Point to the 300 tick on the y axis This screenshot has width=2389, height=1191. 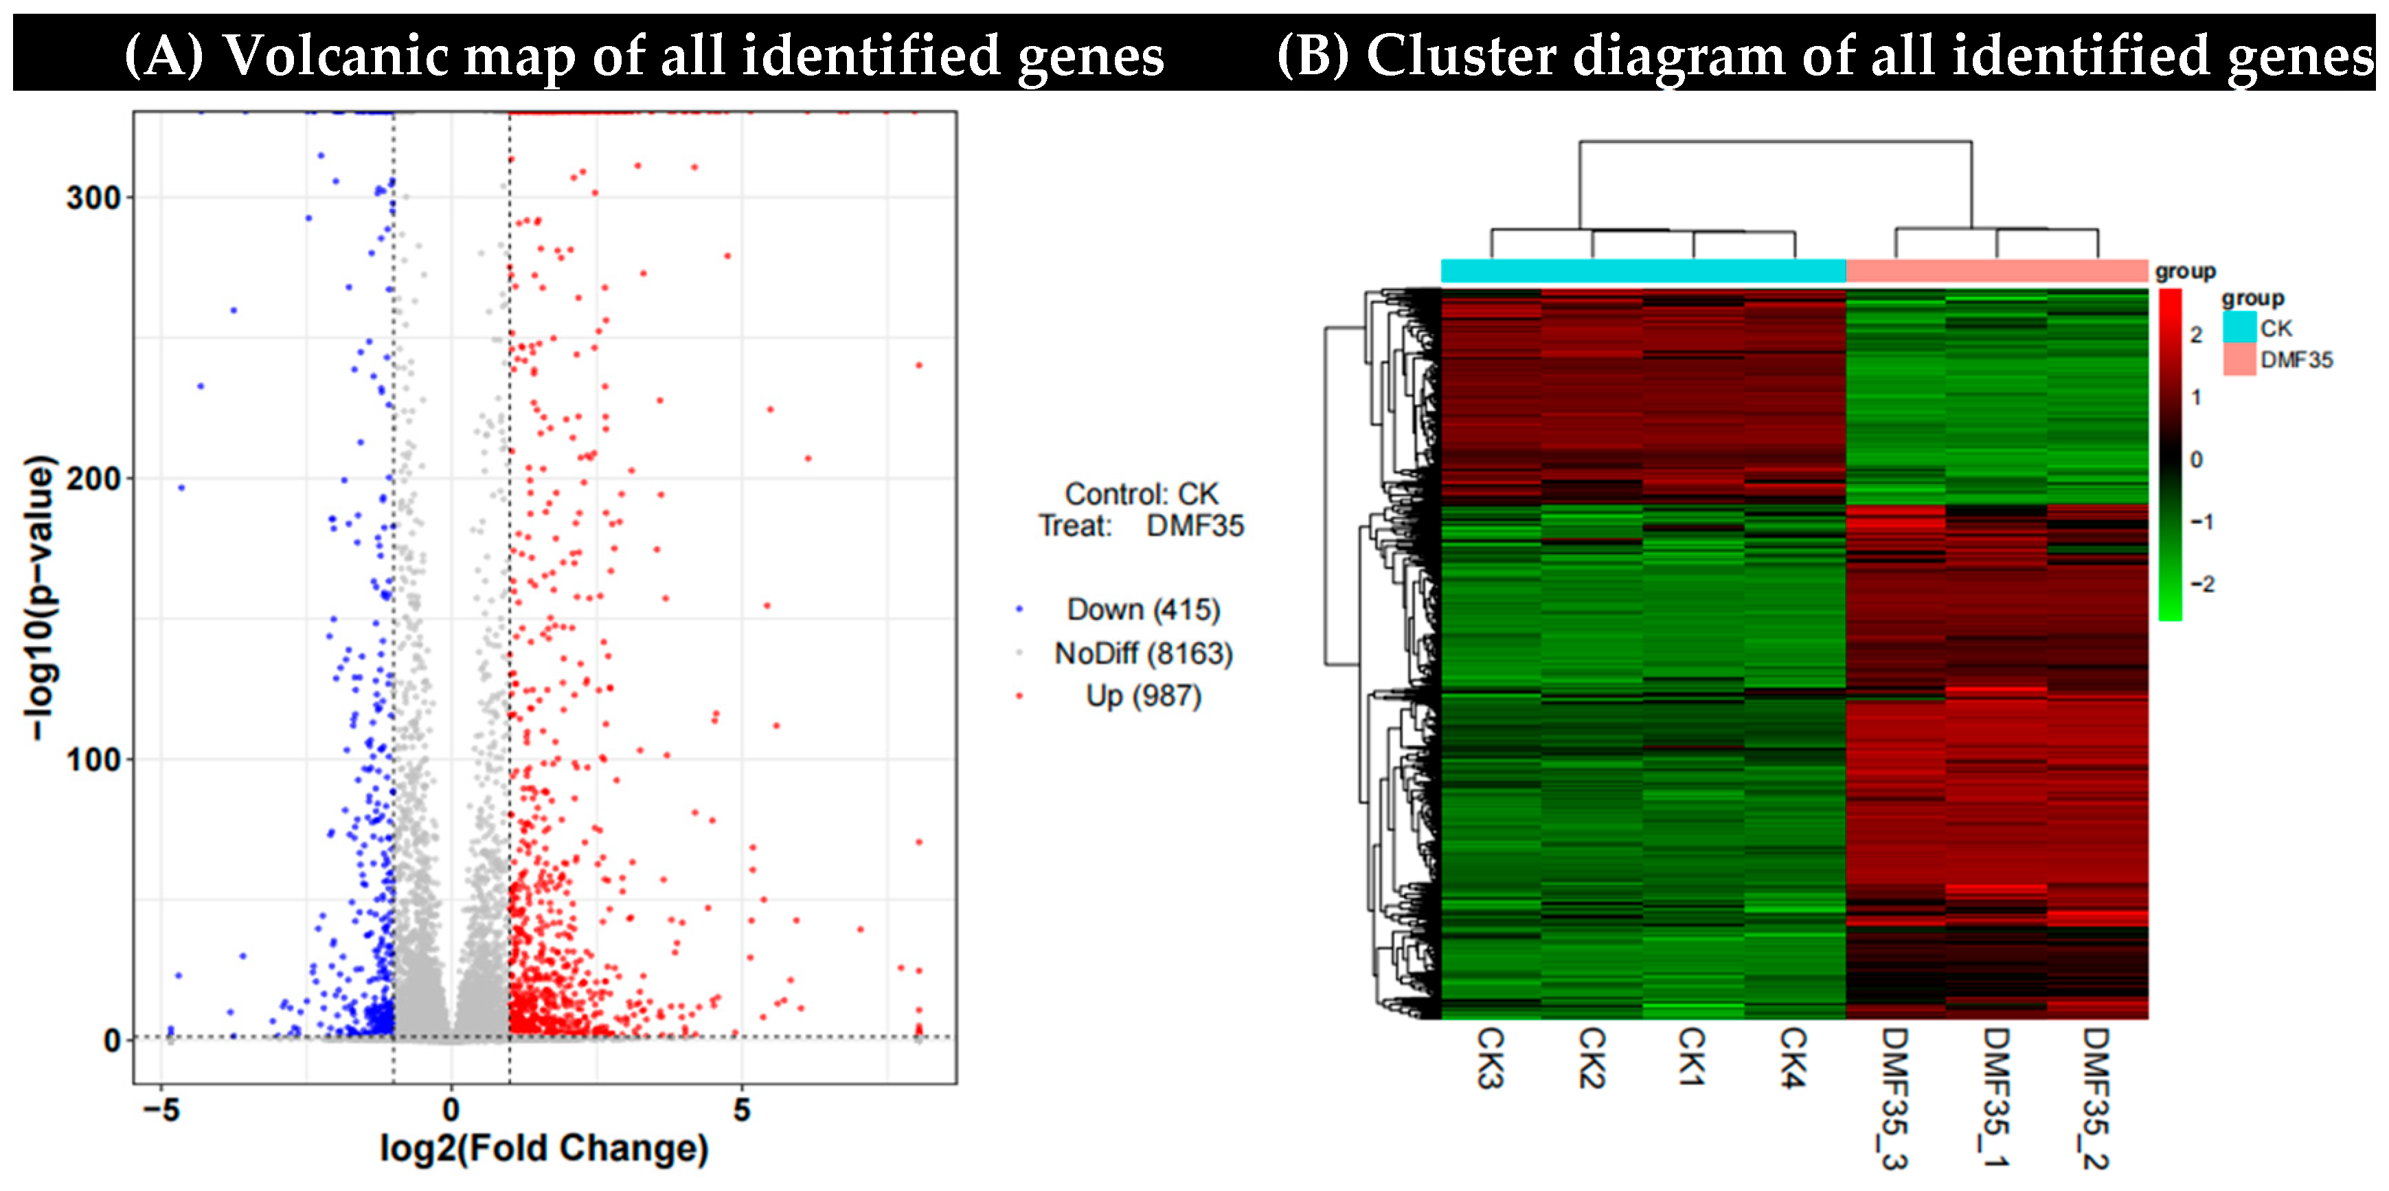(93, 197)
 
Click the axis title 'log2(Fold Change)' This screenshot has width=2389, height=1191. (545, 1148)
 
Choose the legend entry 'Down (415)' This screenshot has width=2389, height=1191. (1142, 610)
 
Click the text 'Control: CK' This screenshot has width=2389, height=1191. (1141, 493)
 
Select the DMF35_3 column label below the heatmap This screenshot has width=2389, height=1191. (1894, 1098)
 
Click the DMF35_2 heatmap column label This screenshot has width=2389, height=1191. (2096, 1098)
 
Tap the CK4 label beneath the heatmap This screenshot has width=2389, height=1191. (1793, 1058)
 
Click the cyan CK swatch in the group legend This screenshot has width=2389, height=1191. (2239, 327)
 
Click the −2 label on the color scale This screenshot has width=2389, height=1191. (2201, 584)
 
